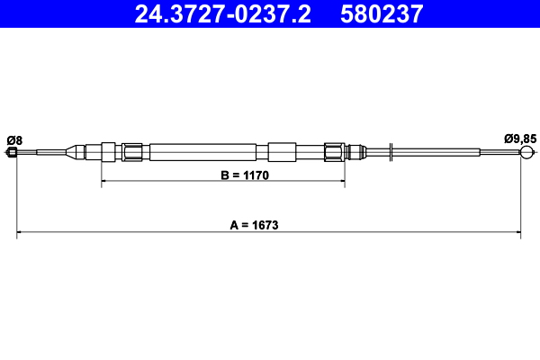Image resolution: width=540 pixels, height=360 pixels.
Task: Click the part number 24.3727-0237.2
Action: pyautogui.click(x=222, y=13)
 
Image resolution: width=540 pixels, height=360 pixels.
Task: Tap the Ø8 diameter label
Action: pyautogui.click(x=13, y=139)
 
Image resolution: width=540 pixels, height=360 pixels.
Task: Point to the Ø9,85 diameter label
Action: pyautogui.click(x=520, y=139)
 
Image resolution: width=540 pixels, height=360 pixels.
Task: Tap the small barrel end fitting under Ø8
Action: pyautogui.click(x=13, y=153)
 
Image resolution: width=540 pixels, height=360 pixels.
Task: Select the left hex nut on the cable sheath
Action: pyautogui.click(x=133, y=152)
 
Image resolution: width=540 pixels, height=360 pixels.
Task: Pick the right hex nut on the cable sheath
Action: pyautogui.click(x=334, y=152)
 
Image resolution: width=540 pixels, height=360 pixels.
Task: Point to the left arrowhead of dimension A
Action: pyautogui.click(x=21, y=234)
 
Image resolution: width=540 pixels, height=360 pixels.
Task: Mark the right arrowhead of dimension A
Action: pyautogui.click(x=517, y=234)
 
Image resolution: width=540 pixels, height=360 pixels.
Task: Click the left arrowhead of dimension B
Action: pyautogui.click(x=104, y=182)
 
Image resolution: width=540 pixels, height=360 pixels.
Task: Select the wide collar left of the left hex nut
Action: pyautogui.click(x=110, y=152)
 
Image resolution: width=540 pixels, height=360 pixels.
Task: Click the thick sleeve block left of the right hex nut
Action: pyautogui.click(x=282, y=152)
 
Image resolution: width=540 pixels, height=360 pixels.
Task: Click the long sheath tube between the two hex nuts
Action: pyautogui.click(x=207, y=152)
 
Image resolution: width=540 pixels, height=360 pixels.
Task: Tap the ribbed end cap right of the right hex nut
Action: pyautogui.click(x=355, y=152)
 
